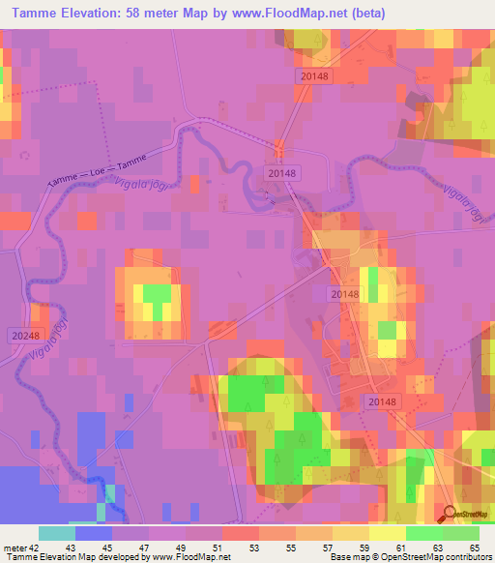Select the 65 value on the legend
point(473,548)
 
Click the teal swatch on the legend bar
point(56,533)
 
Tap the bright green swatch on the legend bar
point(423,533)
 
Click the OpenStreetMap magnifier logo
point(450,514)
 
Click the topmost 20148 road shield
point(314,74)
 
